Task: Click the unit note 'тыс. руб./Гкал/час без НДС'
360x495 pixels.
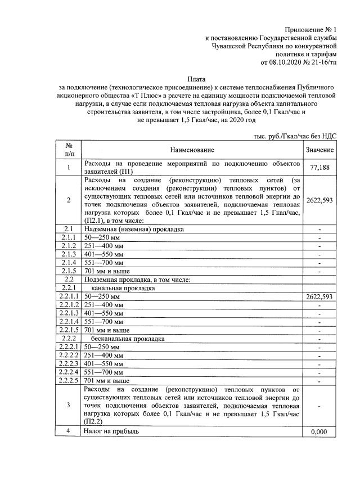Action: coord(292,137)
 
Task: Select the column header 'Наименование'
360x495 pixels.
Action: coord(193,150)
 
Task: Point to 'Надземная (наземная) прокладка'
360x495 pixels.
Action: coord(133,229)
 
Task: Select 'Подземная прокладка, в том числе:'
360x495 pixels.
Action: coord(138,280)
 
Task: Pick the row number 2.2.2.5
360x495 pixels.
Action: coord(69,381)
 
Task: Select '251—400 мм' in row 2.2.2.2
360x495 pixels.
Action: coord(103,356)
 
